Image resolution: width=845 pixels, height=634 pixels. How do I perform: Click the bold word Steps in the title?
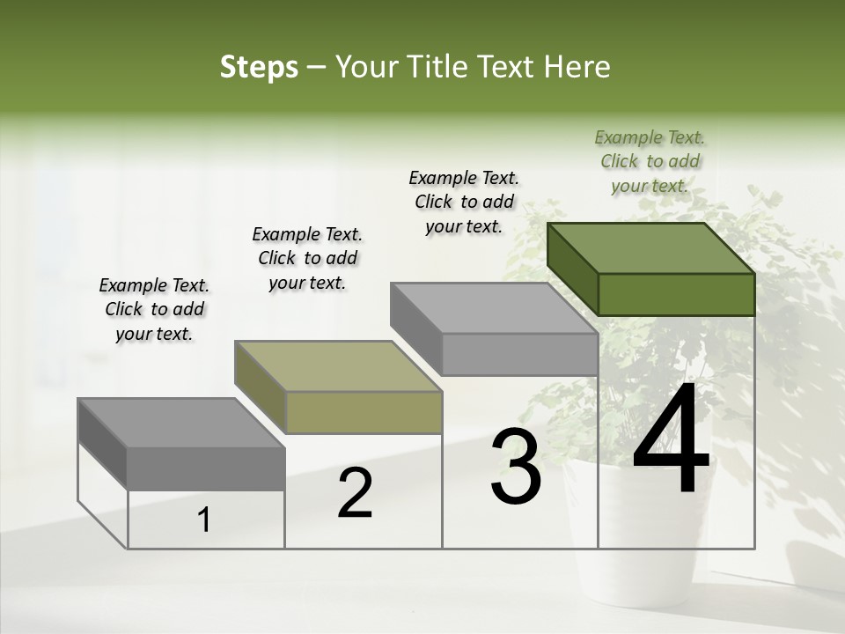259,68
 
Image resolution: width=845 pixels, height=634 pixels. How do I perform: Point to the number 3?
516,468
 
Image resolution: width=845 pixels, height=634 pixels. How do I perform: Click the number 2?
355,493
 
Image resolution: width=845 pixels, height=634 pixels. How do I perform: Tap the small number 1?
204,520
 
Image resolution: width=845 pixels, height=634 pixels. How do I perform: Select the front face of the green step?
676,294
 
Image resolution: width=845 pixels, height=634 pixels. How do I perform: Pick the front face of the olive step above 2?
364,412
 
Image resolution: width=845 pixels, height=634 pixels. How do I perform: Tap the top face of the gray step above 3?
494,308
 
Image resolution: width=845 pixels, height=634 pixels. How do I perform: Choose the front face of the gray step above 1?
206,468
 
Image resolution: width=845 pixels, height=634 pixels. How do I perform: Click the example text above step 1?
154,309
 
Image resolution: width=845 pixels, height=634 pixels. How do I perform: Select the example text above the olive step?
307,258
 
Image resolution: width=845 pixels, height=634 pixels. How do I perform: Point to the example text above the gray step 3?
464,202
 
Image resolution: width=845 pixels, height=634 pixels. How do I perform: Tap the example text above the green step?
650,161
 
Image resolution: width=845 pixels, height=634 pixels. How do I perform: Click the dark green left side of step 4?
572,269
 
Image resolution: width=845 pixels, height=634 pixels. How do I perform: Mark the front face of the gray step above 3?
519,354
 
